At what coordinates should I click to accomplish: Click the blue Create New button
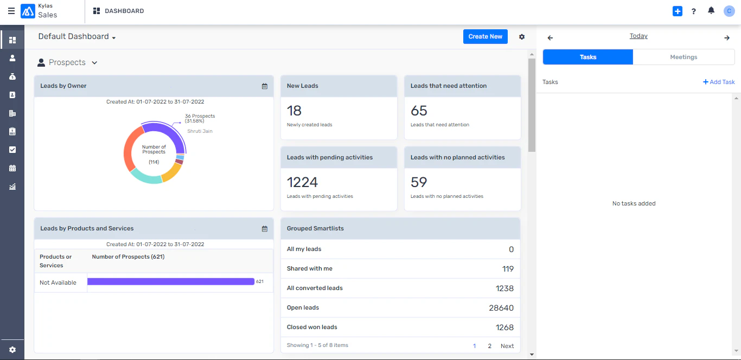[x=485, y=36]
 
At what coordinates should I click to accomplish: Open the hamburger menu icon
[x=11, y=11]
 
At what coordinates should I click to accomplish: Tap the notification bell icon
[x=711, y=11]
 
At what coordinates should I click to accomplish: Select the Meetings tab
[x=683, y=57]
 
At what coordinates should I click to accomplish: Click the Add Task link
[x=719, y=82]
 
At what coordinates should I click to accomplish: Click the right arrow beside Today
[x=727, y=37]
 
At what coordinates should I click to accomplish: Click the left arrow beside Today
[x=550, y=37]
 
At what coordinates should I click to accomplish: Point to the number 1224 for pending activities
[x=302, y=182]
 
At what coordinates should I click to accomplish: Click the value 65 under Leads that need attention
[x=419, y=111]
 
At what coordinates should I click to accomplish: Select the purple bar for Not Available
[x=170, y=281]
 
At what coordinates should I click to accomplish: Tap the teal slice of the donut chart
[x=145, y=176]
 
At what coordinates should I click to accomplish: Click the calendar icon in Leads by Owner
[x=265, y=86]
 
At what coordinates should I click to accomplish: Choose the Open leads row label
[x=303, y=307]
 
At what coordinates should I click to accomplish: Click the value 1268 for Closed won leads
[x=504, y=327]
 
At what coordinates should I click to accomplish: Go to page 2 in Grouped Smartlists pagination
[x=489, y=346]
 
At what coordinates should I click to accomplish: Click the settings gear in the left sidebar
[x=12, y=350]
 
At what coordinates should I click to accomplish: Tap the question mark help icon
[x=693, y=11]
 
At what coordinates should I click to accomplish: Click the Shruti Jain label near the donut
[x=200, y=131]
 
